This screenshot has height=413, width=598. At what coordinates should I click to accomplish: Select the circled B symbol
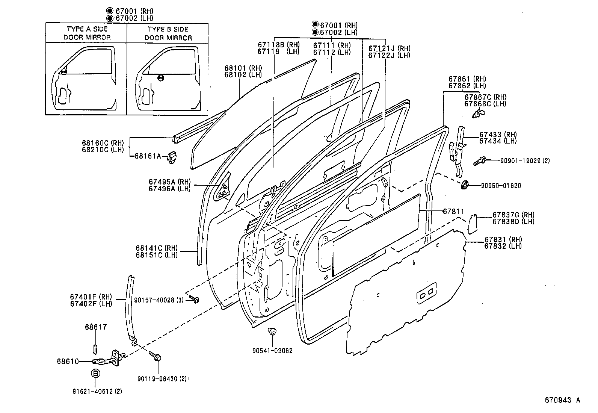tap(95, 374)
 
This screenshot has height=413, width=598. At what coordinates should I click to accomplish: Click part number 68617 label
tap(95, 327)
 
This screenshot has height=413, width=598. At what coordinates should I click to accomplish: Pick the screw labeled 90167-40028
tap(195, 299)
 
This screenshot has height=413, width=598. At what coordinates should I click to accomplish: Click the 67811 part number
tap(453, 212)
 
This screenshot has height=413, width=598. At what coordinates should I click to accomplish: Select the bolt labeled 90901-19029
tap(480, 160)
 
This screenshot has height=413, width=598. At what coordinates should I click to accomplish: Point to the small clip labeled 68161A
tap(172, 157)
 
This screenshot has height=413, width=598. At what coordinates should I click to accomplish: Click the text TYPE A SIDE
tap(87, 29)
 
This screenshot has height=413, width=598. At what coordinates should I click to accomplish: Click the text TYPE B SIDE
tap(168, 29)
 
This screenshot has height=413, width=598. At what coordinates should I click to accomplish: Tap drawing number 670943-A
tap(562, 400)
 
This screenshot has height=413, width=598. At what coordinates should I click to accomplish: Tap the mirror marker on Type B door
tap(160, 78)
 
